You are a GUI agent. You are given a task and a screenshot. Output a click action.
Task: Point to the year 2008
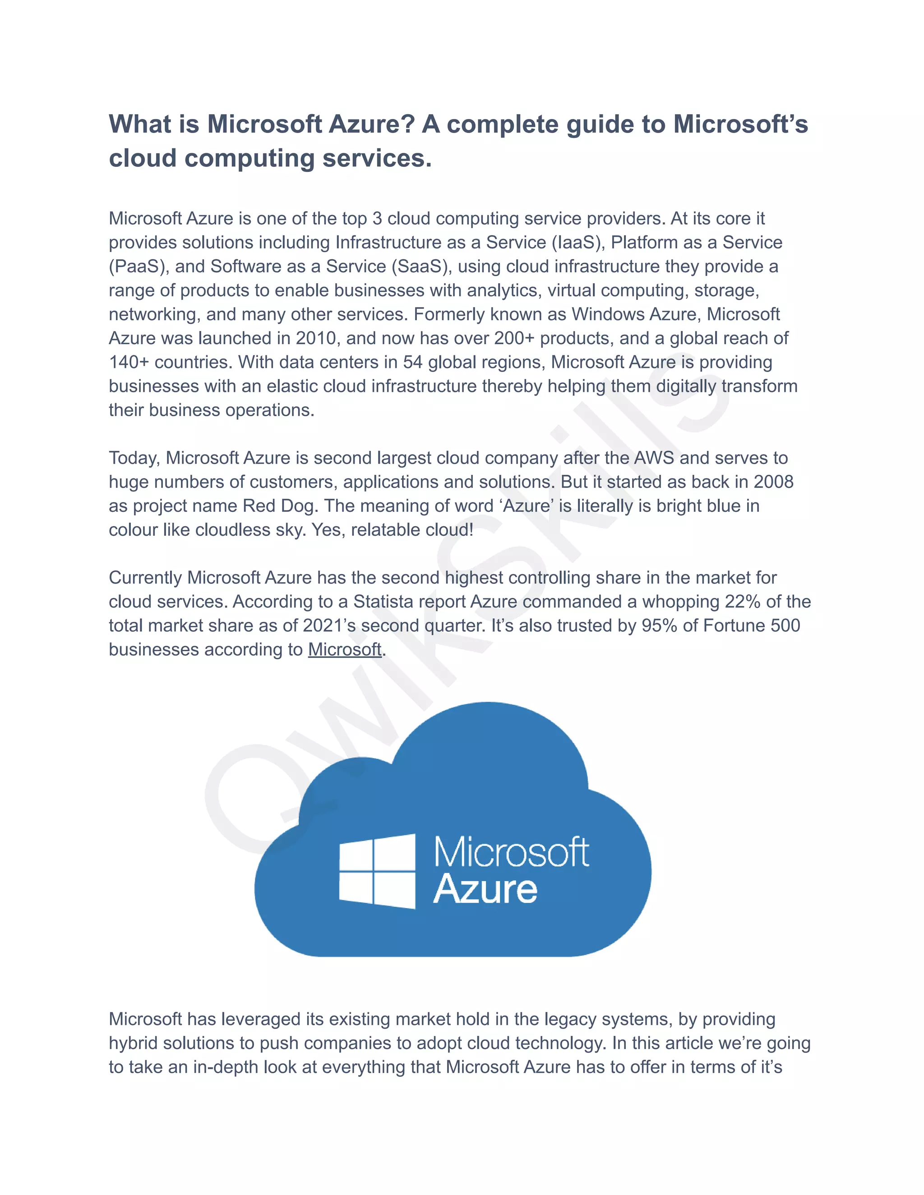point(773,482)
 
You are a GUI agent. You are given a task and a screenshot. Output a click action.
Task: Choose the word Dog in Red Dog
point(299,506)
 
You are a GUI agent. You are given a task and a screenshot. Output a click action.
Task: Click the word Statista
point(383,602)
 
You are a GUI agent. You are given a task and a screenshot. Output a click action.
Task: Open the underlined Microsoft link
point(345,649)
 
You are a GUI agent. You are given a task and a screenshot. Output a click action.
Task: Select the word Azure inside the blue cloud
point(485,889)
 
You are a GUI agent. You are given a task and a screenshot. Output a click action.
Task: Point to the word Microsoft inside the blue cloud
point(511,852)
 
